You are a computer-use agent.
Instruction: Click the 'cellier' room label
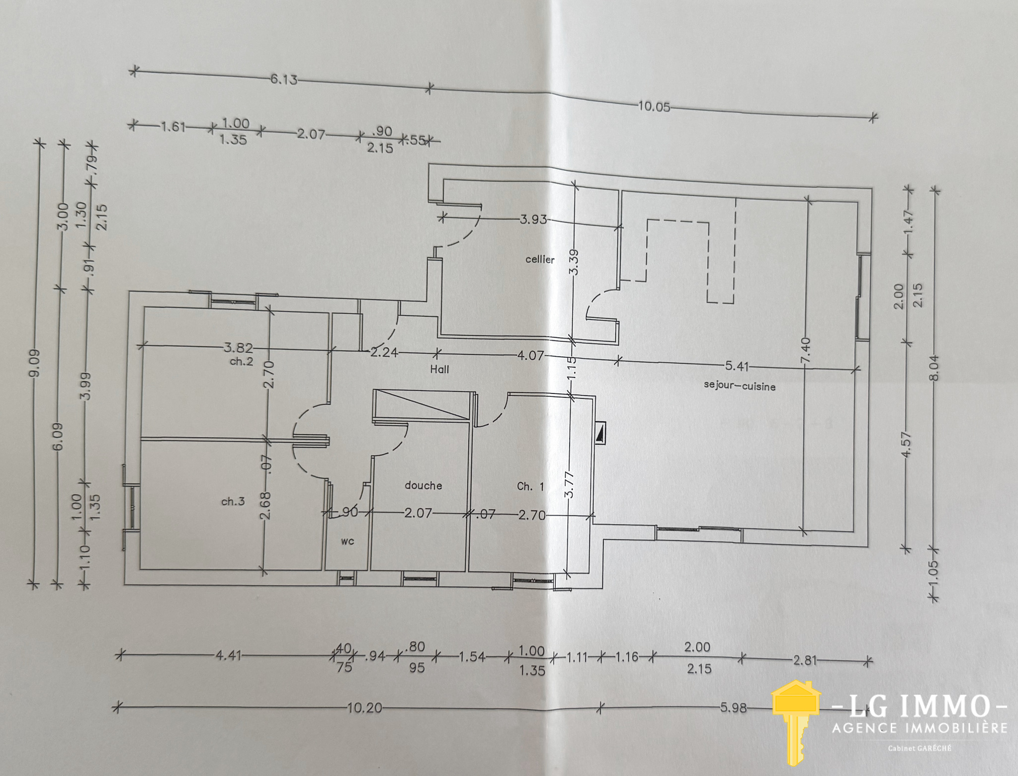[x=540, y=259]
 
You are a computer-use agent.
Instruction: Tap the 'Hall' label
[x=440, y=369]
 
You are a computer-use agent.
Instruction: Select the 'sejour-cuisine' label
[x=740, y=386]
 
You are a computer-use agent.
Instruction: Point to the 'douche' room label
[x=424, y=485]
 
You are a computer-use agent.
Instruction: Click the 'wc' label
[x=347, y=541]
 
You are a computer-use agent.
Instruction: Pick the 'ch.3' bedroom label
[x=233, y=501]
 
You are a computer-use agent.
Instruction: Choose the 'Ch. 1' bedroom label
[x=530, y=486]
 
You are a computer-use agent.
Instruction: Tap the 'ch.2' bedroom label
[x=242, y=361]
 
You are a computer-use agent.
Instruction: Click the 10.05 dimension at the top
[x=654, y=107]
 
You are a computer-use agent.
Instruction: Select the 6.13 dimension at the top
[x=284, y=79]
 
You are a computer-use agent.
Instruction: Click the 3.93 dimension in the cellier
[x=533, y=219]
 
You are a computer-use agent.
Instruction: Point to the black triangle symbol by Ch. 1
[x=600, y=433]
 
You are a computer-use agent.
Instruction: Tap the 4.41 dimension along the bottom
[x=228, y=656]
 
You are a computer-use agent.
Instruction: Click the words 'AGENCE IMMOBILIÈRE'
[x=920, y=728]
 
